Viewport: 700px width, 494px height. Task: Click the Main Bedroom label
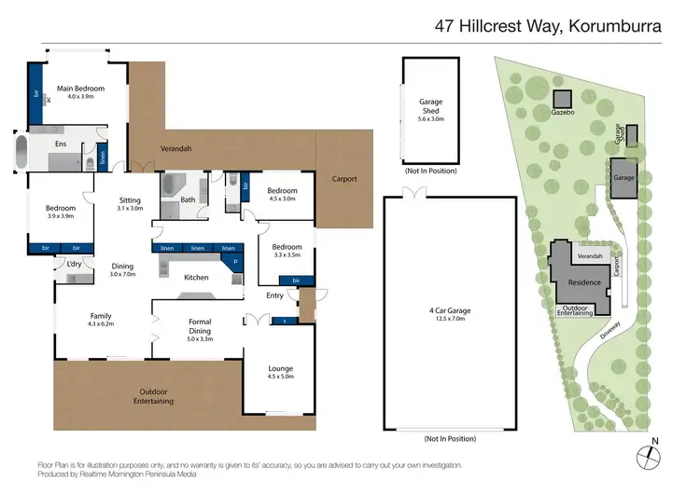pyautogui.click(x=79, y=89)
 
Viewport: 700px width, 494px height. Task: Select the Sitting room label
pyautogui.click(x=130, y=200)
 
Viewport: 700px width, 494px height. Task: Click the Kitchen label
pyautogui.click(x=196, y=278)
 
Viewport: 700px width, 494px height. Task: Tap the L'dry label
pyautogui.click(x=73, y=265)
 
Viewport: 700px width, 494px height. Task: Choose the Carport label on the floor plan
pyautogui.click(x=344, y=179)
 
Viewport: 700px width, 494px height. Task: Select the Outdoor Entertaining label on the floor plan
pyautogui.click(x=156, y=395)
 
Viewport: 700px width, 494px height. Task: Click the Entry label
pyautogui.click(x=274, y=295)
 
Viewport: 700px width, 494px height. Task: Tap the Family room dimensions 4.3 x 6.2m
pyautogui.click(x=100, y=323)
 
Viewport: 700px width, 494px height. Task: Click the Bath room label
pyautogui.click(x=188, y=199)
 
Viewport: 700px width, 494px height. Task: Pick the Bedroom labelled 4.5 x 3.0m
pyautogui.click(x=281, y=198)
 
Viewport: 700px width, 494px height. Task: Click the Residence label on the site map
pyautogui.click(x=584, y=281)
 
